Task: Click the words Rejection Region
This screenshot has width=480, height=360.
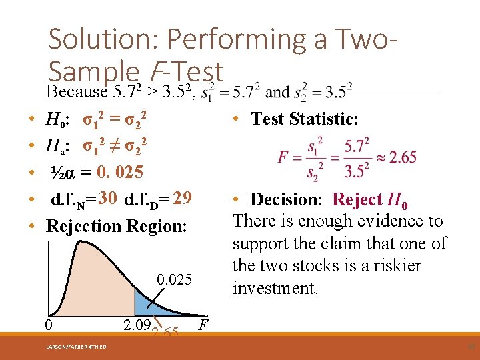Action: click(117, 226)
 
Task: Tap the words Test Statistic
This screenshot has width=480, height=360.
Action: click(305, 119)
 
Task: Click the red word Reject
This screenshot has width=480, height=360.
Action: click(357, 199)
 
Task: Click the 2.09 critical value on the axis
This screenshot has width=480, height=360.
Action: click(137, 325)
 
